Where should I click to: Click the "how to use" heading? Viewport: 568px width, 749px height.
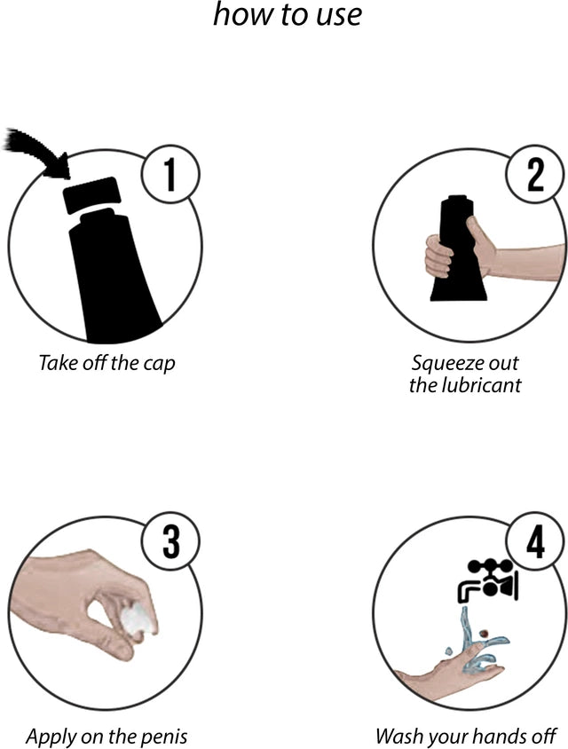[x=287, y=14]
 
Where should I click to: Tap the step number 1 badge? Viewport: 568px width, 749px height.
[x=170, y=173]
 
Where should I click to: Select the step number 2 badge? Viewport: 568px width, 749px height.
[x=534, y=173]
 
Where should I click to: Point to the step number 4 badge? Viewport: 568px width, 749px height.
[x=534, y=542]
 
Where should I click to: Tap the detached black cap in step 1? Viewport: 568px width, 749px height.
[x=92, y=194]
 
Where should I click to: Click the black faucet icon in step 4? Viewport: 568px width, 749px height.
[x=487, y=579]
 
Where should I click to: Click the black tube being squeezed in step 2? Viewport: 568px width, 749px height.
[x=459, y=248]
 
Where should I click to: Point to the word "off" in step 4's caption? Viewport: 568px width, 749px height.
[x=545, y=736]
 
